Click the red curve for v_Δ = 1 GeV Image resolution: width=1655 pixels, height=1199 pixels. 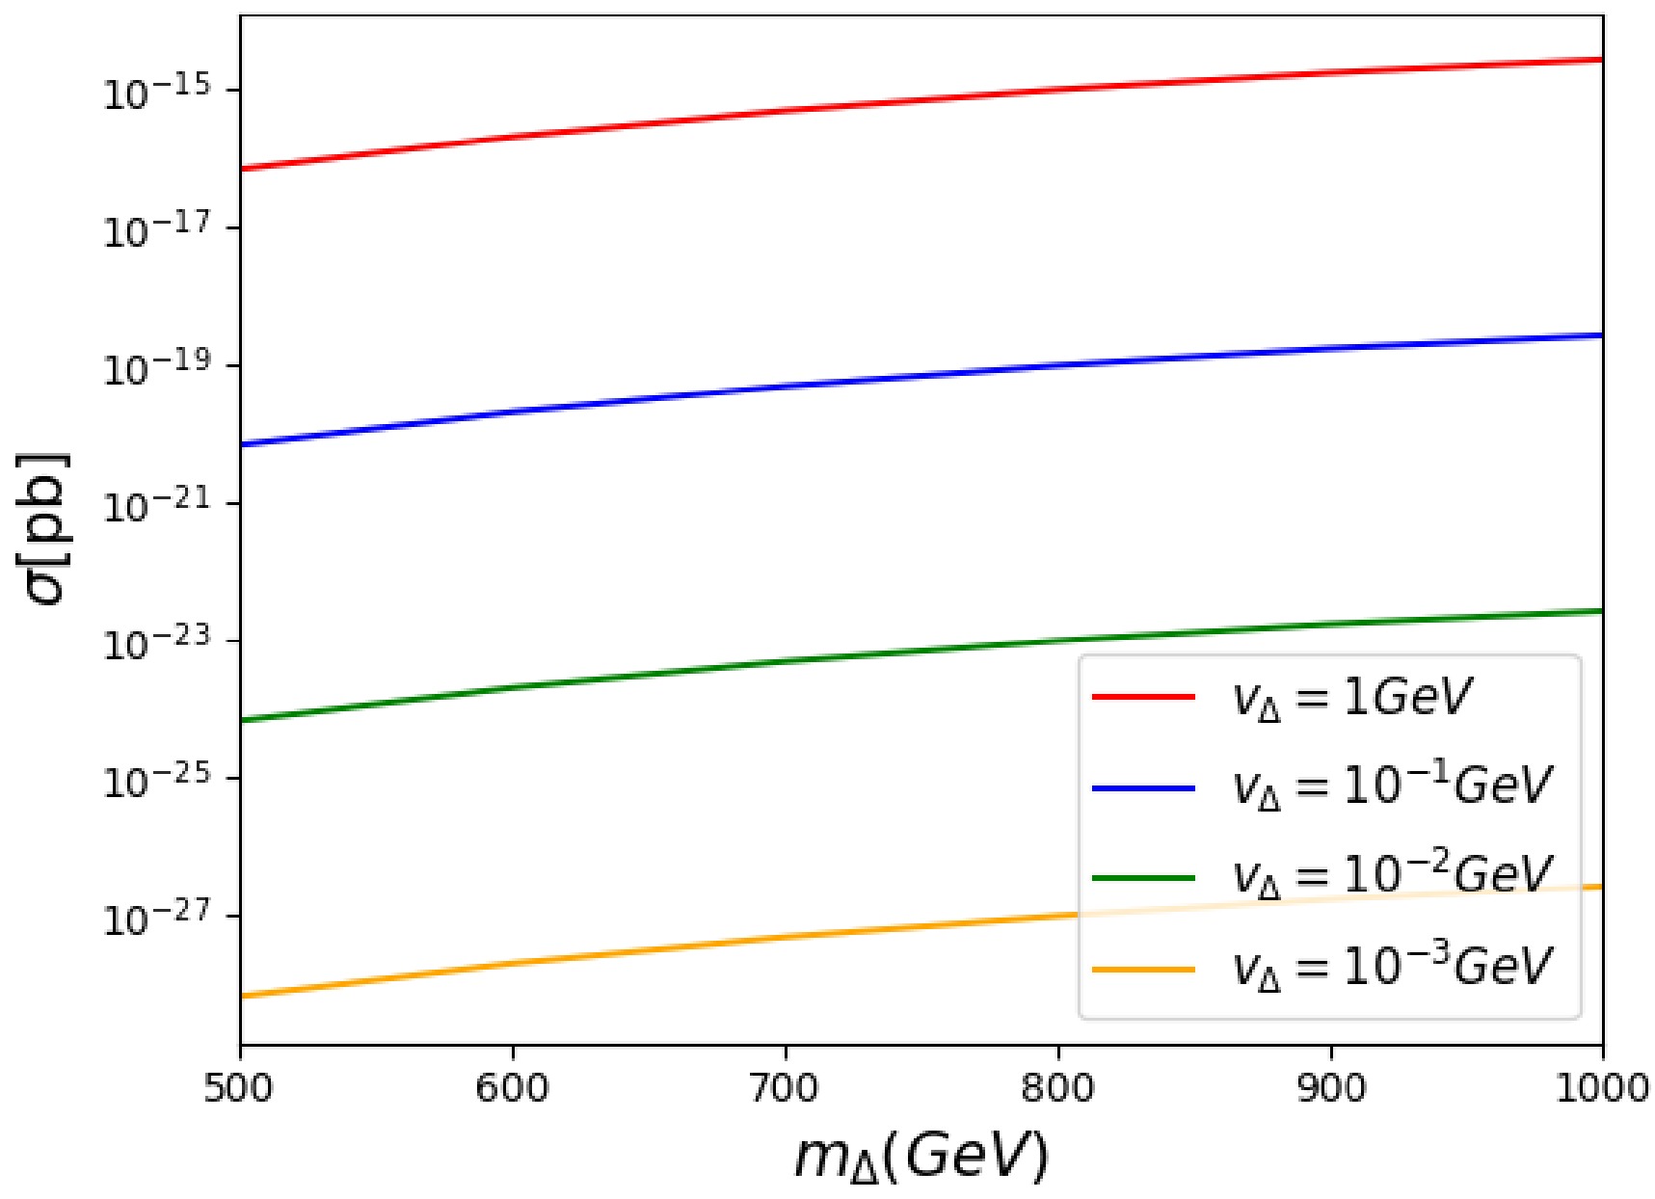787,110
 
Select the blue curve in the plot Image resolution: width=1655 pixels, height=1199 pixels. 787,386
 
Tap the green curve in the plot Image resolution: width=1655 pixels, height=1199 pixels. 787,661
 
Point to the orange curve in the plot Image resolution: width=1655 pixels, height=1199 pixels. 787,937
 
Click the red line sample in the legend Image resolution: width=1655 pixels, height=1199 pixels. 1142,696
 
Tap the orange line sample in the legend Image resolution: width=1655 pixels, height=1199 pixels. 1142,969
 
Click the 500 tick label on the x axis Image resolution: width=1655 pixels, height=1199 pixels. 240,1089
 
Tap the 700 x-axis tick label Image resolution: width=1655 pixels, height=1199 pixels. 787,1089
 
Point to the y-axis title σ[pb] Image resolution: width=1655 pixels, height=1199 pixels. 45,527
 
